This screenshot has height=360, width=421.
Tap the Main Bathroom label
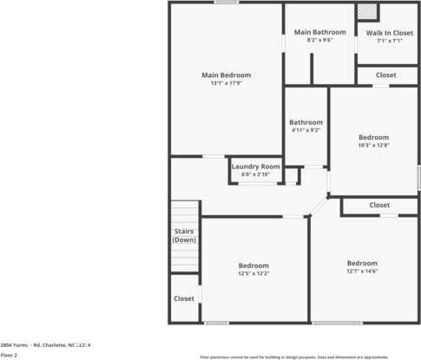click(x=307, y=32)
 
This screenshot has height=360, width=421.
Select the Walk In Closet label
click(x=389, y=32)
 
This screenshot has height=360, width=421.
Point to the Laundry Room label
click(x=255, y=166)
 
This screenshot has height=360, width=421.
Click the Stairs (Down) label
click(x=184, y=235)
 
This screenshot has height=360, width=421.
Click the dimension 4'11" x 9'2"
click(x=306, y=131)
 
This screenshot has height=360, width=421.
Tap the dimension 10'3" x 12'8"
click(x=374, y=146)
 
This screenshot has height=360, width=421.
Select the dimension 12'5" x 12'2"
click(x=253, y=274)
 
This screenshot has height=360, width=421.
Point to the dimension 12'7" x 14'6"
click(x=362, y=272)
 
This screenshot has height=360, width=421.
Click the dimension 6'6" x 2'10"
click(x=255, y=174)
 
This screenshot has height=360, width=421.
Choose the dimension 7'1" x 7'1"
click(x=389, y=41)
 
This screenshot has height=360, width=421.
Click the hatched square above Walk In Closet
click(x=367, y=12)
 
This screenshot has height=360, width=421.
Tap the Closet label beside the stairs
click(x=184, y=298)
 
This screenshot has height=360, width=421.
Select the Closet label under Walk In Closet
click(x=386, y=75)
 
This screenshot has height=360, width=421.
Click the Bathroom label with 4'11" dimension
click(x=306, y=122)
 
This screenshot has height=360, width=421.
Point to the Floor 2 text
click(x=9, y=355)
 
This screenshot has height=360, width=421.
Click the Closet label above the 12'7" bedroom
click(x=379, y=206)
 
